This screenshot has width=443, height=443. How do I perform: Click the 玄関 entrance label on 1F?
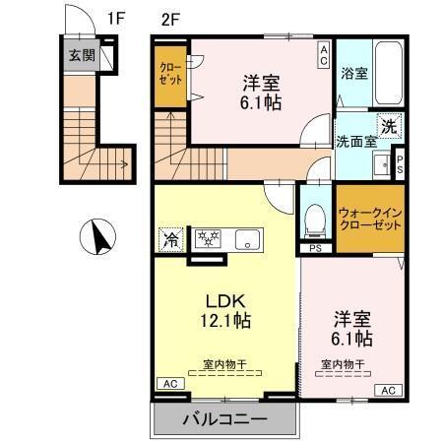click(x=82, y=55)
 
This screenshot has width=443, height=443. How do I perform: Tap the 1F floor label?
click(x=117, y=17)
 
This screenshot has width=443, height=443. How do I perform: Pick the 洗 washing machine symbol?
click(x=389, y=125)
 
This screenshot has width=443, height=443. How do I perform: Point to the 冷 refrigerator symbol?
click(x=171, y=238)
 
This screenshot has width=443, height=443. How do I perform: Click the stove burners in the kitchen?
click(x=208, y=238)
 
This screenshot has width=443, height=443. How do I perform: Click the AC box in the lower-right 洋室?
click(x=387, y=390)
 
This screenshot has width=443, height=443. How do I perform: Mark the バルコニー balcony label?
click(x=223, y=419)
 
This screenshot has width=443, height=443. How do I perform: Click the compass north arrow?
click(x=98, y=237)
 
